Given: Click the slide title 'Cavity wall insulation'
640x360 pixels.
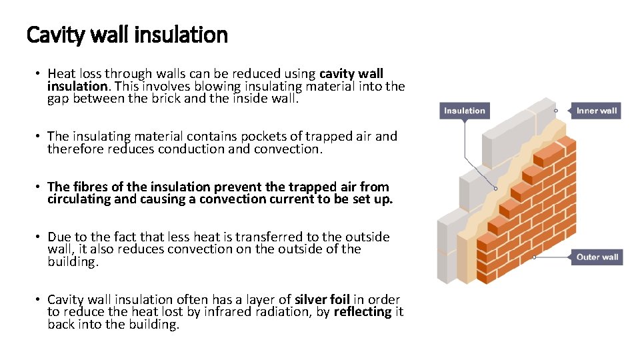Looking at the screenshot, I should pyautogui.click(x=127, y=34).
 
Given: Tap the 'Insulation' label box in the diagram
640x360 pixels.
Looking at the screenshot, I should pyautogui.click(x=465, y=111).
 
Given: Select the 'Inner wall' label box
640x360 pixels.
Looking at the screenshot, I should pyautogui.click(x=596, y=111).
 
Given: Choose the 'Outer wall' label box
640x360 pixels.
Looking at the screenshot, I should pyautogui.click(x=597, y=257).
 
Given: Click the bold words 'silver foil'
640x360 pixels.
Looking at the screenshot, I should pyautogui.click(x=323, y=299).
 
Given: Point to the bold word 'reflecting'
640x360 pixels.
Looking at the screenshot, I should pyautogui.click(x=363, y=312).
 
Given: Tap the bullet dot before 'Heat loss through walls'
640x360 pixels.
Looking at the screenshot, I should pyautogui.click(x=40, y=74).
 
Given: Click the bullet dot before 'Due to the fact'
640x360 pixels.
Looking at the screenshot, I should pyautogui.click(x=40, y=237).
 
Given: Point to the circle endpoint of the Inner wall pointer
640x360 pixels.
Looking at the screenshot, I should pyautogui.click(x=555, y=111).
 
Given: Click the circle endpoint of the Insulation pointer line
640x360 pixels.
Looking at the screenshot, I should pyautogui.click(x=495, y=189).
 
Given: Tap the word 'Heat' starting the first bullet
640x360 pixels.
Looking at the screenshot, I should pyautogui.click(x=61, y=74).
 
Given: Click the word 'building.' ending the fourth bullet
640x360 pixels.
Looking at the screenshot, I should pyautogui.click(x=73, y=262).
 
